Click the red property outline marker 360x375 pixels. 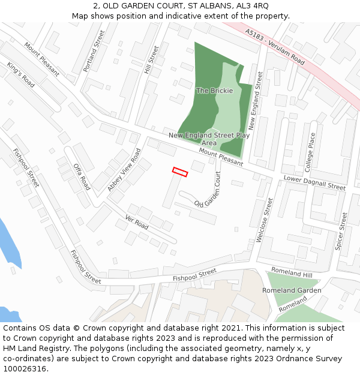(x=180, y=172)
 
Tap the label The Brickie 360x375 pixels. (x=214, y=91)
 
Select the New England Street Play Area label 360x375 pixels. (x=209, y=139)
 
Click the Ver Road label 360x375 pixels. (x=137, y=222)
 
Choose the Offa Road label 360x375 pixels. (x=82, y=176)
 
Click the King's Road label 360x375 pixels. (x=21, y=74)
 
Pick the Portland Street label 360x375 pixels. (x=94, y=52)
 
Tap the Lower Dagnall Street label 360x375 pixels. (x=314, y=183)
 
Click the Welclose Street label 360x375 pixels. (x=264, y=220)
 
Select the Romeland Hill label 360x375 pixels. (x=292, y=272)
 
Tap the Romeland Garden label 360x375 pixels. (x=292, y=290)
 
